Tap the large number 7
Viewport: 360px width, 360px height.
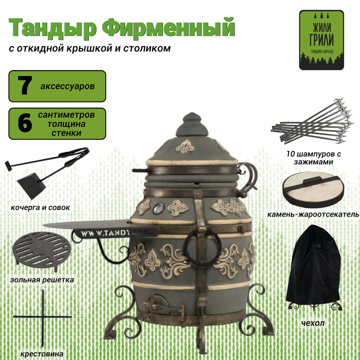[24, 86]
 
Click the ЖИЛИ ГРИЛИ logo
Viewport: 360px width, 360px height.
[321, 40]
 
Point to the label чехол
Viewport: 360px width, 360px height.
[312, 323]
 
